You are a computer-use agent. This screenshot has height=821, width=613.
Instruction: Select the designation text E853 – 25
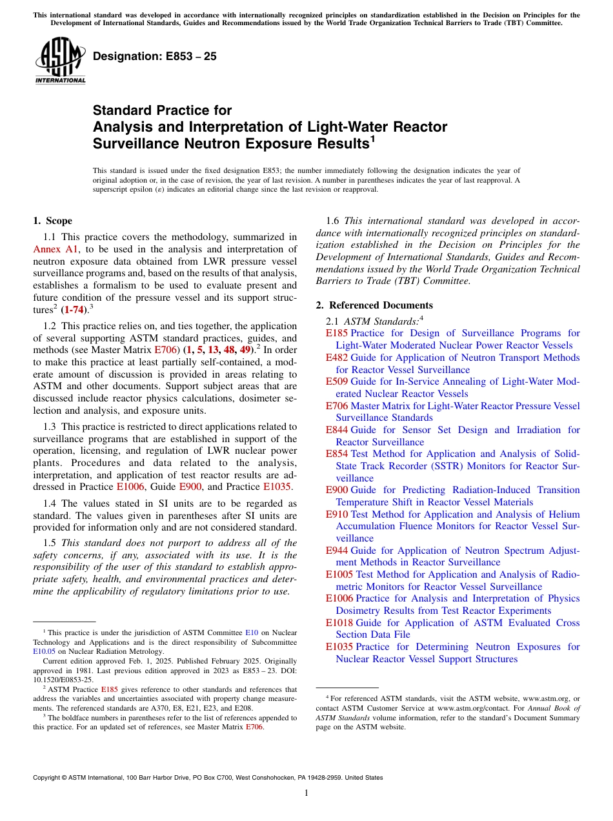155,57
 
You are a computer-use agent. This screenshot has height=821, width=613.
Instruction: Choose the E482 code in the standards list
337,358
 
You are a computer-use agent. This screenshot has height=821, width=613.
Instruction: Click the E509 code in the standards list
337,381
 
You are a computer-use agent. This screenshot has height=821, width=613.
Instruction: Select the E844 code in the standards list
337,430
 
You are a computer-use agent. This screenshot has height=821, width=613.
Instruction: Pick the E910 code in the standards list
337,514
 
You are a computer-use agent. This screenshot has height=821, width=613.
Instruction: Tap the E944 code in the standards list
337,551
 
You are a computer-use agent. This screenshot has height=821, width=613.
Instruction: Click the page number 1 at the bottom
306,793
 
